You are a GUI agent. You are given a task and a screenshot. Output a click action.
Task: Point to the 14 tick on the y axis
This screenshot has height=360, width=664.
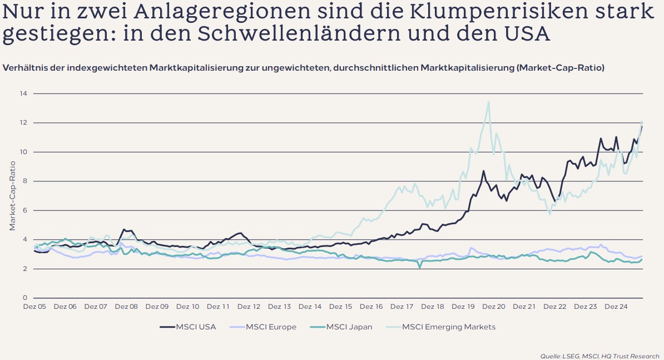click(24, 93)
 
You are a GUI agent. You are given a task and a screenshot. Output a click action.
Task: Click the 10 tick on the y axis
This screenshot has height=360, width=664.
click(24, 152)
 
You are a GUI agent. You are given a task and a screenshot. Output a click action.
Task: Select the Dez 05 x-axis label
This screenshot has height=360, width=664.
click(34, 307)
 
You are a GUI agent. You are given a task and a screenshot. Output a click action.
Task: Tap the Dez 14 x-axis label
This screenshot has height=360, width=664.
click(310, 307)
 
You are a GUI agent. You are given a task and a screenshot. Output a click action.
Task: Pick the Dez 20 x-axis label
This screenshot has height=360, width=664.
click(494, 307)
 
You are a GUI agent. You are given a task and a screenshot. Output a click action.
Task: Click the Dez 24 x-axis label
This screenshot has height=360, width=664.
click(616, 307)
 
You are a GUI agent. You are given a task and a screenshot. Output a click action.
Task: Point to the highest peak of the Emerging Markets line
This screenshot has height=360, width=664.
click(488, 102)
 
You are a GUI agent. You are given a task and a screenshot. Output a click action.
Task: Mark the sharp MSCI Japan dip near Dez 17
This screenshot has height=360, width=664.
click(420, 268)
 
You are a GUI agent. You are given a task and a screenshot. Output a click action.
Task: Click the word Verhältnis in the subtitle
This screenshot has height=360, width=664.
click(24, 68)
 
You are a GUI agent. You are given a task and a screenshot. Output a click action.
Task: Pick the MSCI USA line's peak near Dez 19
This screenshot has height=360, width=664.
click(484, 171)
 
